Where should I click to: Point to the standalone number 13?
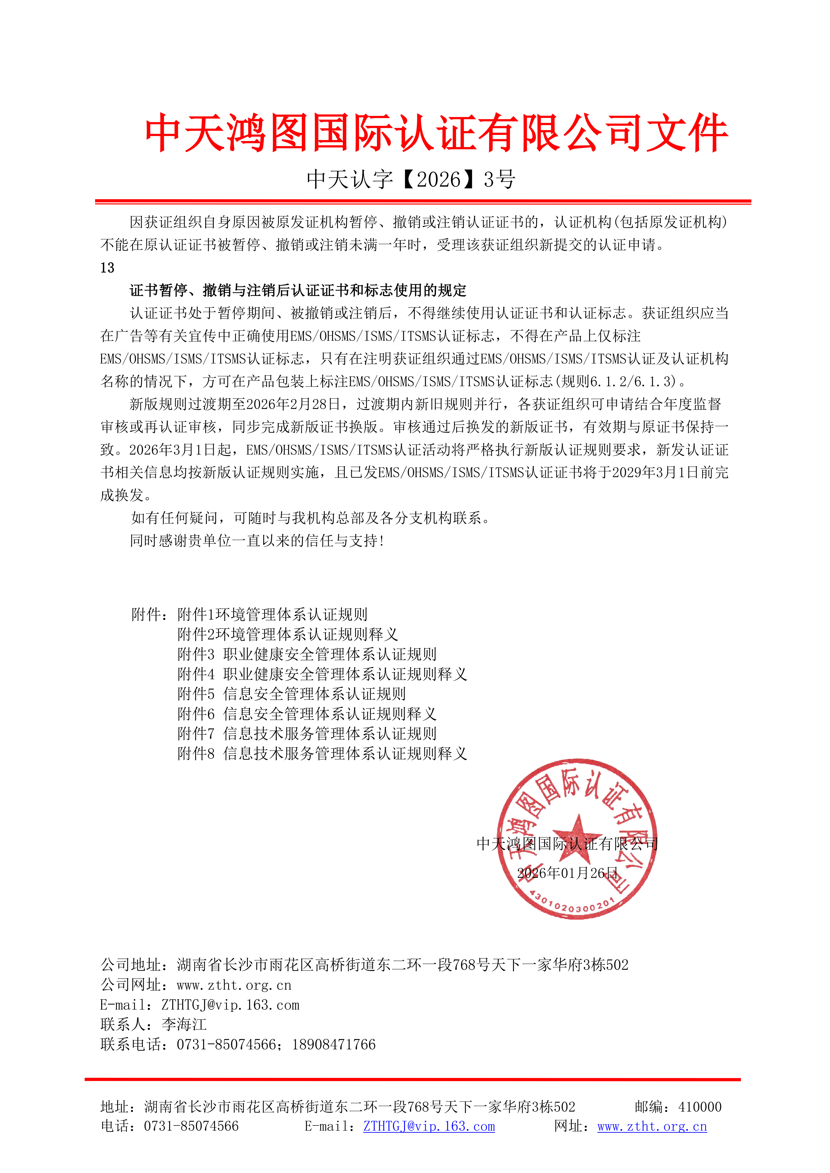(x=107, y=268)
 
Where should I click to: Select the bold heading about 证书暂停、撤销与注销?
(x=298, y=290)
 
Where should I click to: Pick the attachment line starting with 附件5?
(x=291, y=694)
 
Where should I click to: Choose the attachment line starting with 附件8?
(x=322, y=754)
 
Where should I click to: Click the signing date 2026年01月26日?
(x=567, y=873)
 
